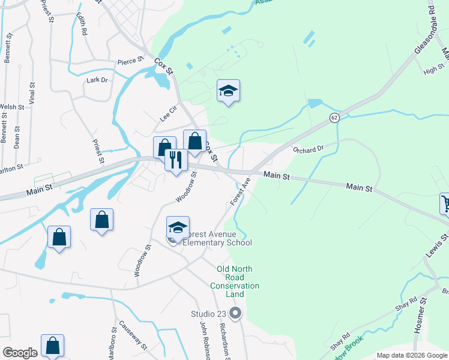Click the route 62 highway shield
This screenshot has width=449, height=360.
[x=334, y=118]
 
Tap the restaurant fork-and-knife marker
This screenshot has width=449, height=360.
[x=176, y=160]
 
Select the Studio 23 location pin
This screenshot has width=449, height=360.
[x=235, y=313]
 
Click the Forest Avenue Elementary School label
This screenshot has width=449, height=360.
[x=217, y=238]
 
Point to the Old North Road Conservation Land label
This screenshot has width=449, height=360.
[x=239, y=281]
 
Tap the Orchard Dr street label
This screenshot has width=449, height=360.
[x=308, y=149]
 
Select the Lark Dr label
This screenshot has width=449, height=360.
[x=97, y=80]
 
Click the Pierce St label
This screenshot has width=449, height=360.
[x=131, y=60]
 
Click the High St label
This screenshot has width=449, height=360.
[x=432, y=71]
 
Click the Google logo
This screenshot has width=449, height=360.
[x=19, y=353]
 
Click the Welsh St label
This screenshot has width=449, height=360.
[x=11, y=107]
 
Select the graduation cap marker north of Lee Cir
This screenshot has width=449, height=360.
[x=228, y=91]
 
